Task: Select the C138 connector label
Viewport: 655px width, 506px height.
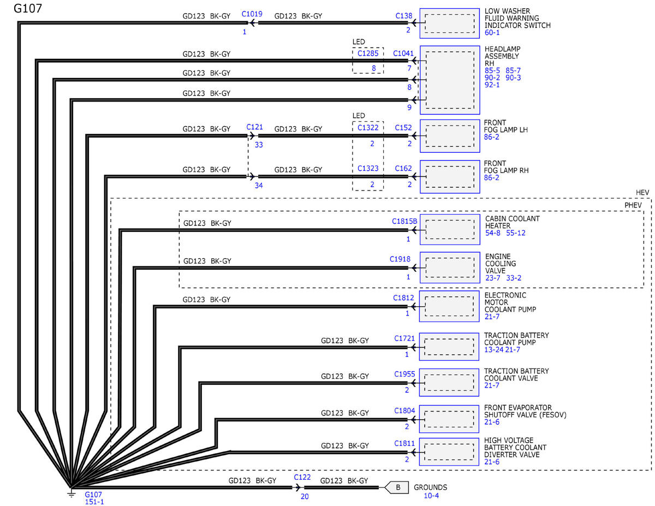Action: click(x=404, y=16)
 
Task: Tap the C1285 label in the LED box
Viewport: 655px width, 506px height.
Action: click(x=367, y=53)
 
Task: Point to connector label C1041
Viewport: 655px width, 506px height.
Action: click(x=403, y=53)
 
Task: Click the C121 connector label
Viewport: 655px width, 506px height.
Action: click(x=255, y=127)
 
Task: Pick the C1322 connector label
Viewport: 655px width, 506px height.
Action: click(x=368, y=127)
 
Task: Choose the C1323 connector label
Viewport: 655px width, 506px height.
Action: click(x=368, y=169)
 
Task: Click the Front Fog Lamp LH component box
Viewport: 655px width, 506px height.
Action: click(x=449, y=135)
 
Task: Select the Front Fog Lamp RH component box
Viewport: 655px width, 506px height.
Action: click(x=449, y=176)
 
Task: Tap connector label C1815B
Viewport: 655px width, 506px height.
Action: click(x=404, y=222)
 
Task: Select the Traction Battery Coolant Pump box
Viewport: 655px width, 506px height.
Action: click(x=449, y=347)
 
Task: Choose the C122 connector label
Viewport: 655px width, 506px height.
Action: click(x=302, y=477)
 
